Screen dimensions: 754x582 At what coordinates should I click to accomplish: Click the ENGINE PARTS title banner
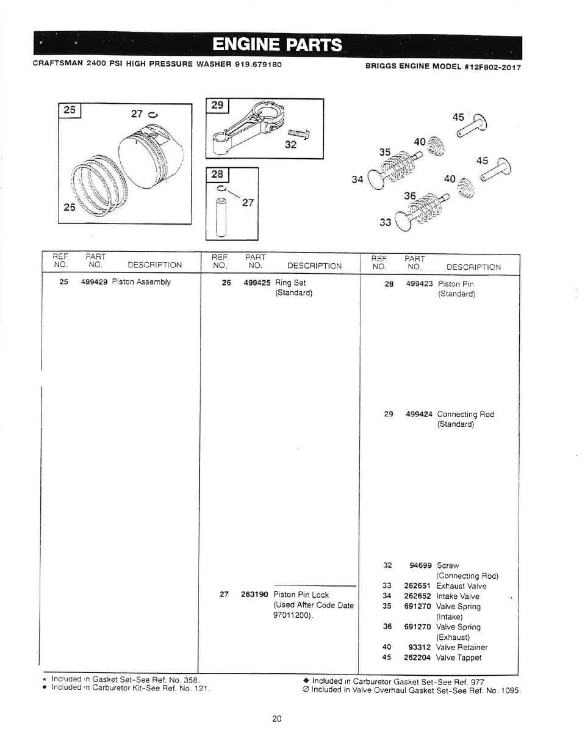278,45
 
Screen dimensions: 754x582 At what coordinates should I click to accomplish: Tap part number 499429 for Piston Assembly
94,282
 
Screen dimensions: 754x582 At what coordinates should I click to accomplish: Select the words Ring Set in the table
290,283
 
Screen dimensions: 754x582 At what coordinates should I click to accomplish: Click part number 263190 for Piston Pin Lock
254,595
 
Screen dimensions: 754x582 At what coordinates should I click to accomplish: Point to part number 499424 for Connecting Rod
419,415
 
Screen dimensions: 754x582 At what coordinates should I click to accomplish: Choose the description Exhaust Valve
461,586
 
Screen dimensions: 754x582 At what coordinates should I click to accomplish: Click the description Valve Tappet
458,658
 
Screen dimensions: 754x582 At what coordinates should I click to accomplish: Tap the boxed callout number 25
70,110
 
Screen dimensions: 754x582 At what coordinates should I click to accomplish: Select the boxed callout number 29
217,105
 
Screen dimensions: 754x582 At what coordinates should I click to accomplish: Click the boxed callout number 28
217,175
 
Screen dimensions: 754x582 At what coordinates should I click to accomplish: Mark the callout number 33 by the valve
385,222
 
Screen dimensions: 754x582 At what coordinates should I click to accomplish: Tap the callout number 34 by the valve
357,179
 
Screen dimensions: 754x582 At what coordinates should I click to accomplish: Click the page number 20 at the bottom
277,719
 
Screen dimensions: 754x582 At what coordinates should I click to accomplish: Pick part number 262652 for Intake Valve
417,596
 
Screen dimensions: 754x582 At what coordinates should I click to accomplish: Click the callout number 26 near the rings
69,208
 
